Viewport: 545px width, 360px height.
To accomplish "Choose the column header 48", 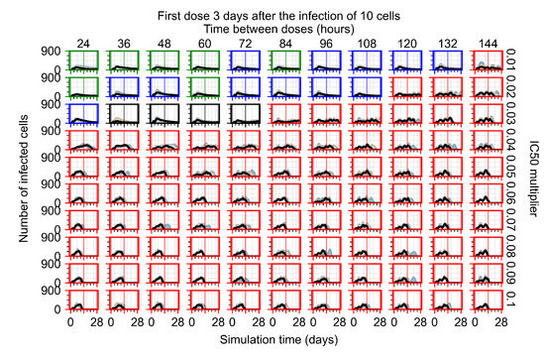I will [161, 43].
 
